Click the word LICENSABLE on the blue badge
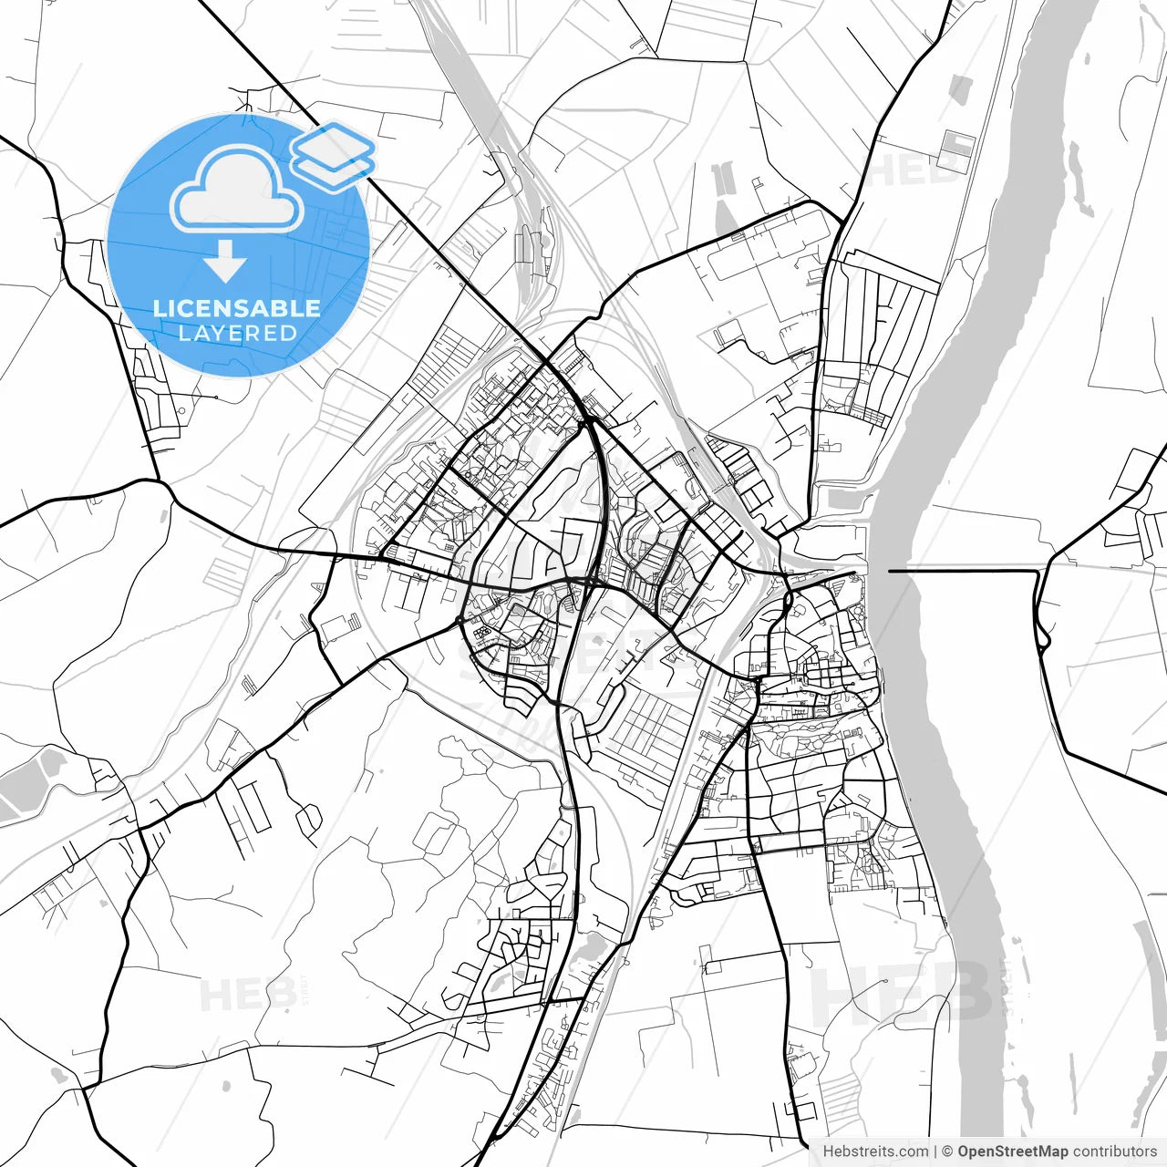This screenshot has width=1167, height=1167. pos(237,308)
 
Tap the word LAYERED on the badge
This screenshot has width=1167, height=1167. pos(237,334)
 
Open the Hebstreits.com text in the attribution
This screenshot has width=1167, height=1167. pos(876,1152)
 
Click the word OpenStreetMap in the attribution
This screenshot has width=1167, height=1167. pos(1012,1152)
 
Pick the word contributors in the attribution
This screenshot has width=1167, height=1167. pos(1114,1152)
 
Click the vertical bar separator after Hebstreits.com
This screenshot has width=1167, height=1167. pos(936,1152)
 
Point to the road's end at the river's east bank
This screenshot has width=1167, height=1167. pos(890,571)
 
